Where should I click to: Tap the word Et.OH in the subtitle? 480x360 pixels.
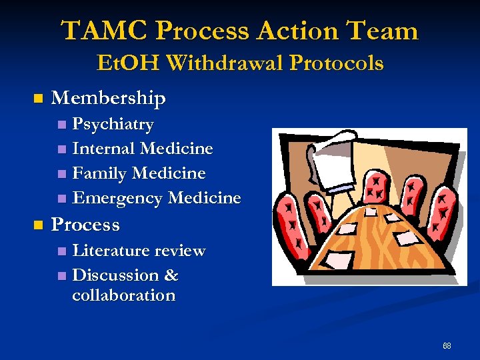[x=129, y=63]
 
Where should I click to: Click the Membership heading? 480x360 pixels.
[x=108, y=99]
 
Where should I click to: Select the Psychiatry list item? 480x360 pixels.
[x=113, y=124]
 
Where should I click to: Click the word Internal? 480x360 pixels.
[x=103, y=149]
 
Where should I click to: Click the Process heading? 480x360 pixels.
[x=85, y=225]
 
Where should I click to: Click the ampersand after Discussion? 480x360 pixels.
[x=171, y=275]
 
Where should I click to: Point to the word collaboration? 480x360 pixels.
[x=123, y=295]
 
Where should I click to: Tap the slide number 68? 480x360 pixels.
[x=447, y=346]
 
